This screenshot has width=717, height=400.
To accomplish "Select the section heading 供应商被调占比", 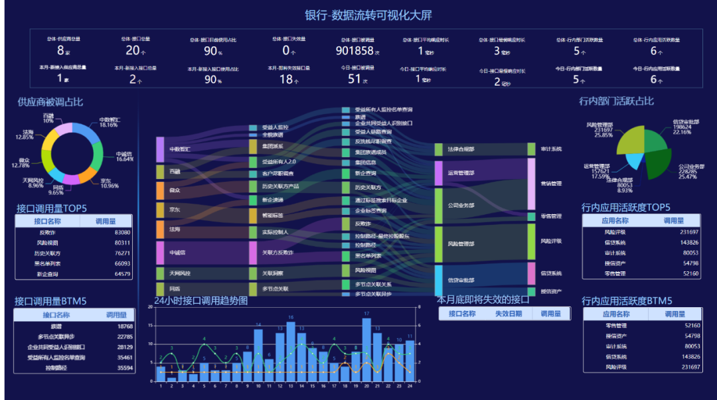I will [x=50, y=102].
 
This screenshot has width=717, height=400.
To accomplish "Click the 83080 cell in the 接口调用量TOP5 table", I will [x=122, y=232].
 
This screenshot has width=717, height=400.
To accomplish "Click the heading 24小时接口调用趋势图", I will [x=200, y=300].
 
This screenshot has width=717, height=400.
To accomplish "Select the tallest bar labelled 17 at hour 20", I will [x=366, y=350].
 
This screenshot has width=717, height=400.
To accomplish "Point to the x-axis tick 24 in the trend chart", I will [x=410, y=385].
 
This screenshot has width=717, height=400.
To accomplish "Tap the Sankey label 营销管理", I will [x=551, y=184].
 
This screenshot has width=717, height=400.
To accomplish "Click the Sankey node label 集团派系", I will [x=272, y=146].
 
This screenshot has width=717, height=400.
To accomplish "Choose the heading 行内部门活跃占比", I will [x=616, y=101].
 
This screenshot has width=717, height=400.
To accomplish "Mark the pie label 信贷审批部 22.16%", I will [x=686, y=127].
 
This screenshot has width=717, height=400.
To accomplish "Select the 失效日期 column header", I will [x=509, y=314].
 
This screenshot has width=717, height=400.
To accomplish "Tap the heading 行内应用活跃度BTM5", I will [x=627, y=300].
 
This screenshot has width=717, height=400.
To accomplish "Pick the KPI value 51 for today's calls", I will [x=355, y=79].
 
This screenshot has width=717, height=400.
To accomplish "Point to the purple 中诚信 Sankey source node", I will [x=159, y=252].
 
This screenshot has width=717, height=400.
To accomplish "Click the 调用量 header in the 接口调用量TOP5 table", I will [x=106, y=221].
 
